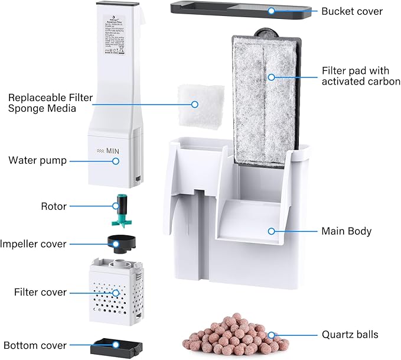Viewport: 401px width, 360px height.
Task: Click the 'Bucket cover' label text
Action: coord(352,11)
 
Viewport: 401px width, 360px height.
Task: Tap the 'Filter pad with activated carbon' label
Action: coord(361,75)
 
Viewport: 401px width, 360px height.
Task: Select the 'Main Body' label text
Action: coord(346,231)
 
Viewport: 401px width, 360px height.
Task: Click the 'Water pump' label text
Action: coord(37,160)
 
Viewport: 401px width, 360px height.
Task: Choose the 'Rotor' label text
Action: coord(53,206)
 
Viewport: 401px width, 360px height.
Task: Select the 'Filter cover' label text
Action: coord(40,292)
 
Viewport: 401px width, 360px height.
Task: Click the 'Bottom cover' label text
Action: coord(35,345)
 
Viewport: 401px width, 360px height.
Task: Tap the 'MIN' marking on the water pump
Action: coord(110,151)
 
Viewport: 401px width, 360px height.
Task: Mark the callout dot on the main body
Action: coord(272,231)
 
